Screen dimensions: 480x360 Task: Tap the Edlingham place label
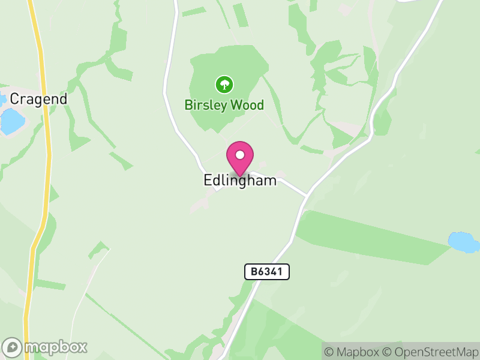point(240,180)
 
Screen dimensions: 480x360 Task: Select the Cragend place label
point(38,99)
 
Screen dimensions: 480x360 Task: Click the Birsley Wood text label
point(224,105)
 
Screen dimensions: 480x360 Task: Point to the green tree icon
point(224,84)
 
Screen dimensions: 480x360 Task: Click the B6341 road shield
point(267,272)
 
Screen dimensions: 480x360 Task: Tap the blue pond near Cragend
point(12,121)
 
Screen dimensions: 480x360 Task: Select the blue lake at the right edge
point(464,242)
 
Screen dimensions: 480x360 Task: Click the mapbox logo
point(45,347)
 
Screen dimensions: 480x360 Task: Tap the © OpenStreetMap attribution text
point(429,352)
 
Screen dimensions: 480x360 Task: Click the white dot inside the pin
point(240,155)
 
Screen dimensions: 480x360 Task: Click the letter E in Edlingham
point(208,180)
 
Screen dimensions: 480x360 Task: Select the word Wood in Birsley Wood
point(246,105)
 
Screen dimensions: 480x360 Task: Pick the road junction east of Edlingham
point(307,195)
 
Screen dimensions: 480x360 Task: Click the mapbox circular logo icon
point(12,347)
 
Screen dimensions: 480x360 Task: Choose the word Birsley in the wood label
point(205,105)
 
